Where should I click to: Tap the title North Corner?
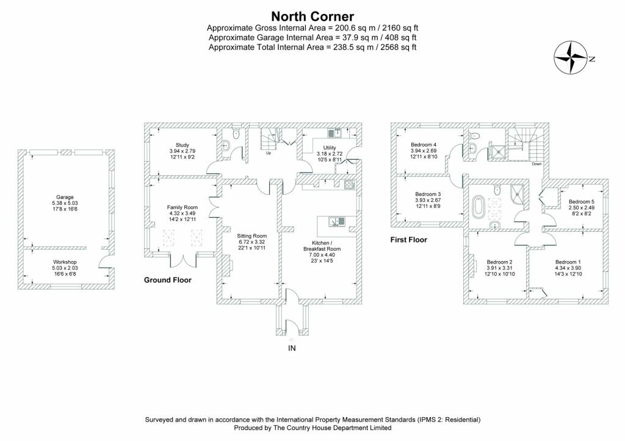point(312,16)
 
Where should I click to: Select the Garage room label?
point(65,197)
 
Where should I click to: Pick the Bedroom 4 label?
point(424,145)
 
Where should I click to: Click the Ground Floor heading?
point(168,280)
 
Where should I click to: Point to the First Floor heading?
point(409,240)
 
